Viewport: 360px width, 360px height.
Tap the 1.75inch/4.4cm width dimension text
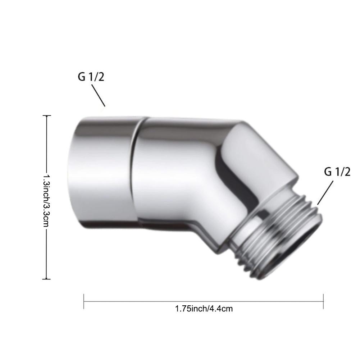click(204, 309)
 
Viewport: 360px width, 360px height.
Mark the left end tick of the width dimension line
click(84, 301)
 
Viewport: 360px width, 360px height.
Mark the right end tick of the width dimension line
click(324, 301)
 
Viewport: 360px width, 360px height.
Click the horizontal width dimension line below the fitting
click(144, 301)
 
